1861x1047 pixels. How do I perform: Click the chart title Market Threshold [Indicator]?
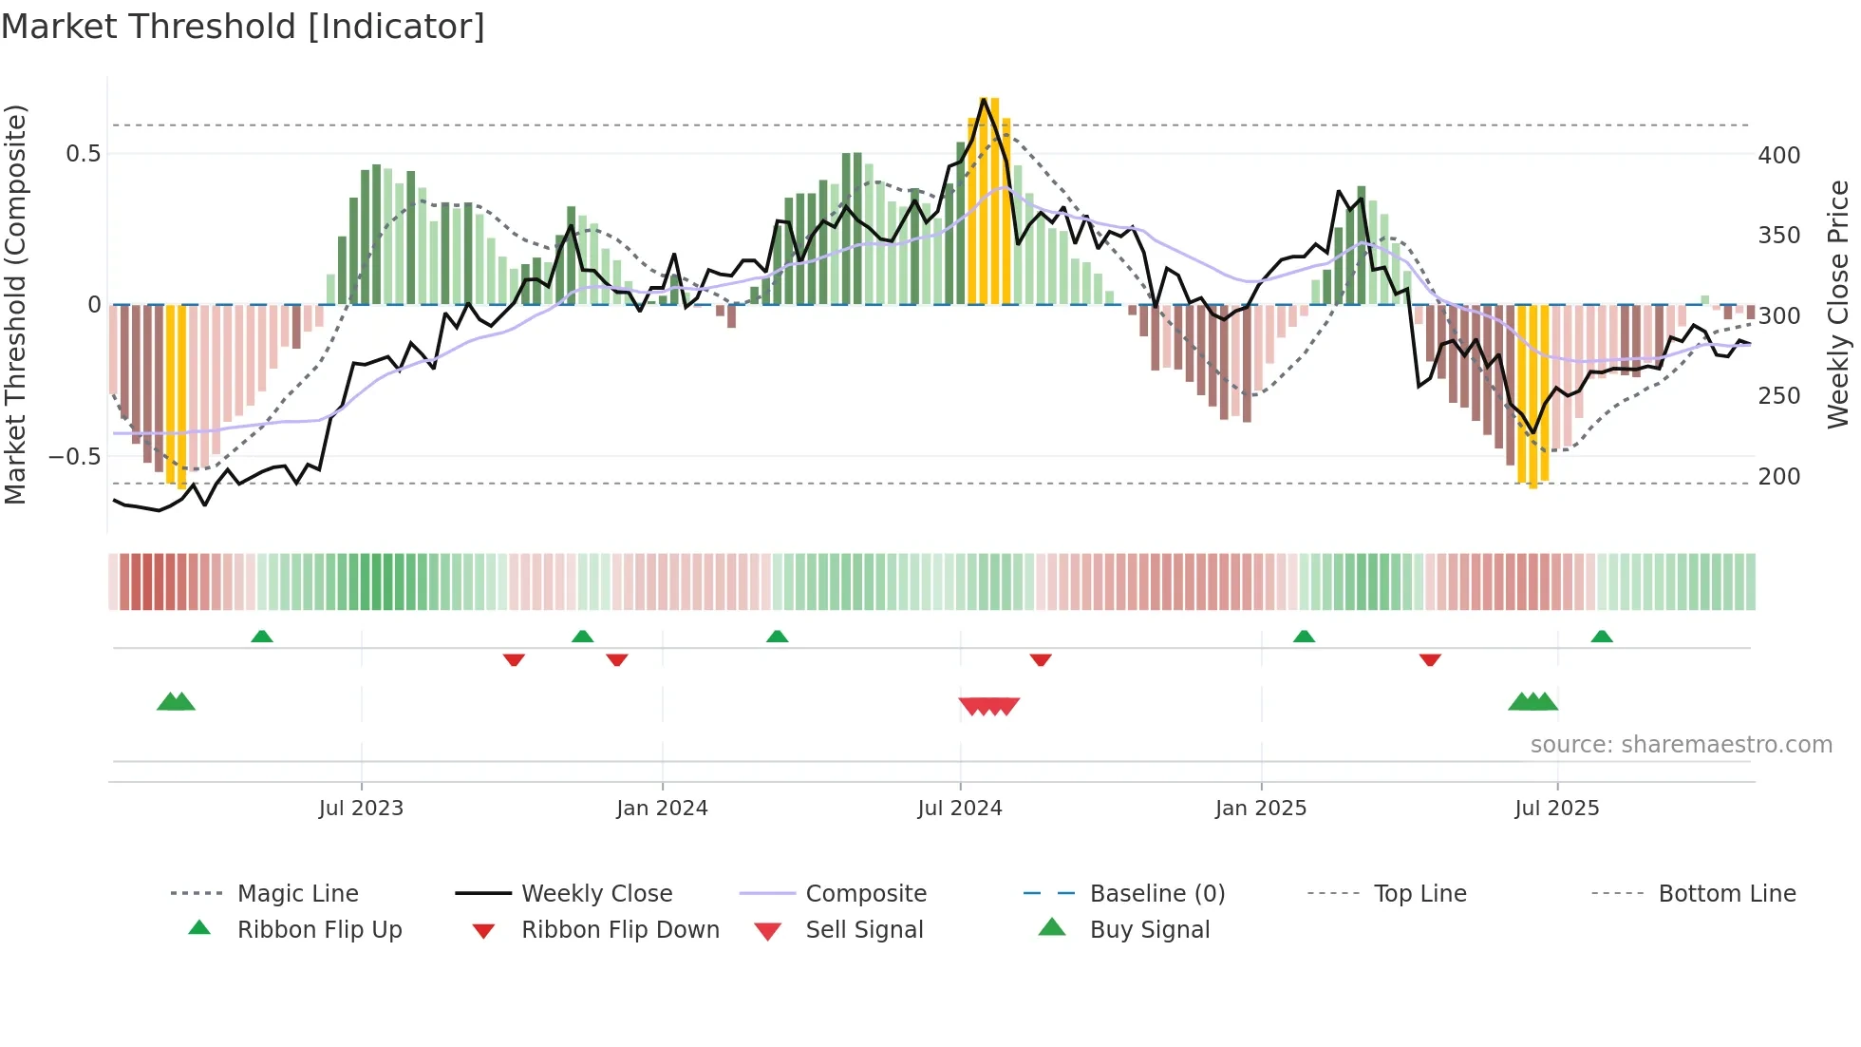(x=243, y=27)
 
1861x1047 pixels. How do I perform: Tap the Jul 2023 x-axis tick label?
(x=361, y=809)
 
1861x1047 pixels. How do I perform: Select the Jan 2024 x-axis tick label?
(x=662, y=809)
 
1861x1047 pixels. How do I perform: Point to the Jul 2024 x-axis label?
(x=960, y=809)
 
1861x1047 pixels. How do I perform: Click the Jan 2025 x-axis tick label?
(x=1261, y=809)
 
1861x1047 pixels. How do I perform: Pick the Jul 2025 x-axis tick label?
(x=1557, y=809)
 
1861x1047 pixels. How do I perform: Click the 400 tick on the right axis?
(x=1778, y=155)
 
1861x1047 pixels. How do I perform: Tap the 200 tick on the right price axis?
(x=1778, y=476)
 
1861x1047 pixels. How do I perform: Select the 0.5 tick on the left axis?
(x=83, y=153)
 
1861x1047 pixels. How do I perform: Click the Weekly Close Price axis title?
(x=1838, y=304)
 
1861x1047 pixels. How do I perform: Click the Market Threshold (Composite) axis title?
(x=15, y=304)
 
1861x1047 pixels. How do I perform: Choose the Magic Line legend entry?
(x=297, y=894)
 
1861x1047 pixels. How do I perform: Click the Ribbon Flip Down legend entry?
(x=620, y=930)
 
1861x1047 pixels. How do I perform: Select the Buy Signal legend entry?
(x=1149, y=930)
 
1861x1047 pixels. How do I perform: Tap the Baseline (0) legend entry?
(x=1156, y=894)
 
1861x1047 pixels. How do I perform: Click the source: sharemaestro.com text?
(x=1681, y=745)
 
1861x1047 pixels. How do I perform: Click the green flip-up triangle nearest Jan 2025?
(x=1304, y=637)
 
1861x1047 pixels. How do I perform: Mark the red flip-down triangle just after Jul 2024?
(x=1041, y=659)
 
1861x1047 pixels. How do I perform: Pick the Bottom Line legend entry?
(x=1726, y=894)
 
